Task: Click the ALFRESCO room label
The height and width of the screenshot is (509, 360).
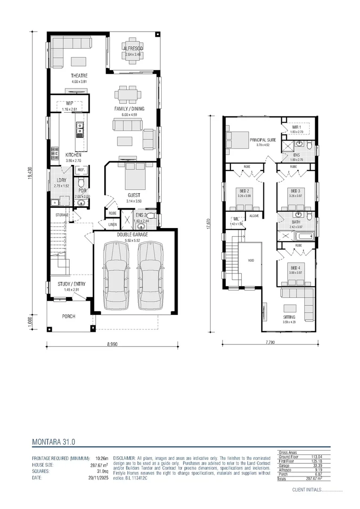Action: coord(133,49)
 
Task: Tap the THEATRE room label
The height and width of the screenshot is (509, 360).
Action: coord(79,76)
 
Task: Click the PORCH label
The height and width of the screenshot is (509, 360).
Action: coord(69,316)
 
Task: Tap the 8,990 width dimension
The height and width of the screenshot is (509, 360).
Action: coord(112,345)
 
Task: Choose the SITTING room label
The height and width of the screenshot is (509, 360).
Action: coord(289,317)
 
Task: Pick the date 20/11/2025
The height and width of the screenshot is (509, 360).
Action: coord(98,477)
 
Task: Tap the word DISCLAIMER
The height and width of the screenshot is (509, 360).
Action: coord(124,458)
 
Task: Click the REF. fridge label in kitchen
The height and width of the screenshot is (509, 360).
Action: coord(81,170)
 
